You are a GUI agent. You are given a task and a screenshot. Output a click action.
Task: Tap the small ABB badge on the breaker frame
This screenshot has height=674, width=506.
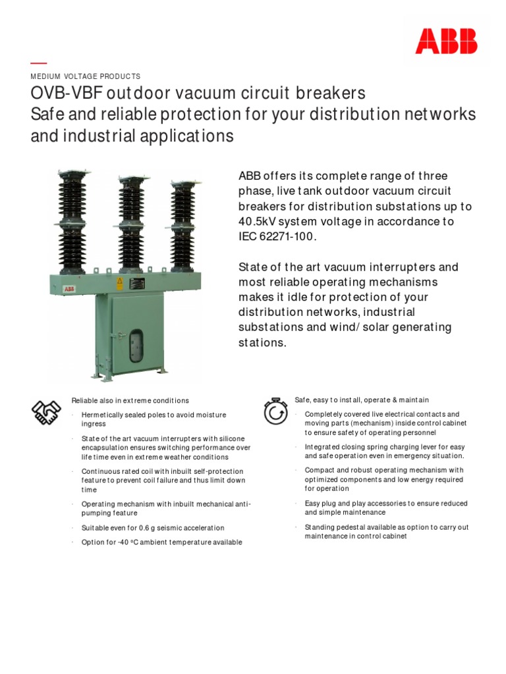tap(69, 288)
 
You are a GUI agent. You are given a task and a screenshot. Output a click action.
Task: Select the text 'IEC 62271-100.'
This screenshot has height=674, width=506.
tap(277, 236)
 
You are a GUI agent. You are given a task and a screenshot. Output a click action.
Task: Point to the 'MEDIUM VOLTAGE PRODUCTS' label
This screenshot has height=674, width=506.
tap(86, 76)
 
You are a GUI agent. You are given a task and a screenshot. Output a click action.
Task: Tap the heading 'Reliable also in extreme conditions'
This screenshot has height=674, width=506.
tap(130, 400)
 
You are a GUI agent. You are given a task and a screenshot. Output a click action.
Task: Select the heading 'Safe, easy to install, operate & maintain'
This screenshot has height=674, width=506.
tap(361, 400)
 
